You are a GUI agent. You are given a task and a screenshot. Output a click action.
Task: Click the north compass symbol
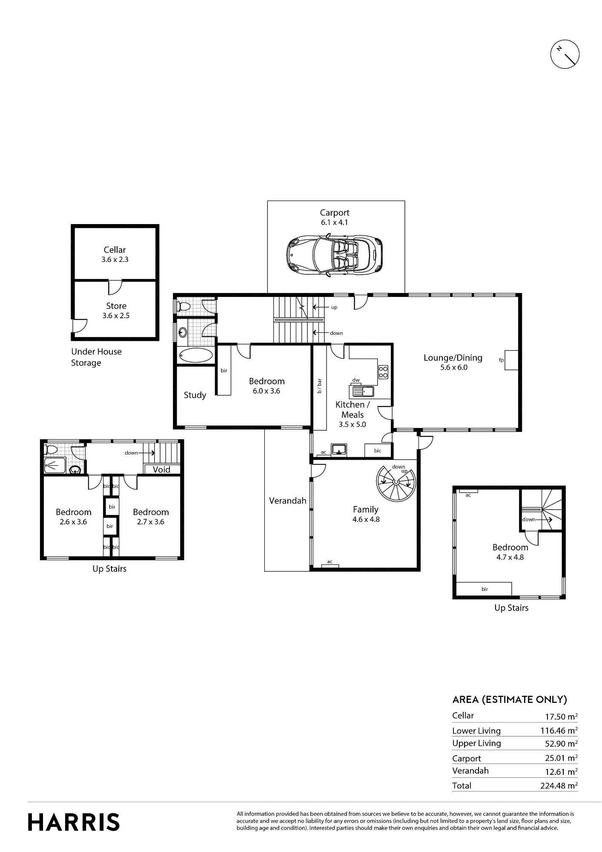click(565, 55)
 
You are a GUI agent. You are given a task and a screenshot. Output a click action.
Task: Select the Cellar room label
click(115, 250)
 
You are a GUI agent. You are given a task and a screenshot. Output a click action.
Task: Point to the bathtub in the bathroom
click(196, 356)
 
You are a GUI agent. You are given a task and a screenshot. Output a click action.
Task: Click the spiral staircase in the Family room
click(396, 482)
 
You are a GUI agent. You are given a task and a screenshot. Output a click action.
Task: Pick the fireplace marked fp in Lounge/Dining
click(511, 360)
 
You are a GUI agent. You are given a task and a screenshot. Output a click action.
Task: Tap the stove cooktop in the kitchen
click(383, 372)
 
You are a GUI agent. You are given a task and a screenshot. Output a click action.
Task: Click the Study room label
click(195, 395)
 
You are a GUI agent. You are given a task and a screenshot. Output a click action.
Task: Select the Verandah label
click(288, 501)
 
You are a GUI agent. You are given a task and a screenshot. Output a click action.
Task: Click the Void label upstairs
click(161, 469)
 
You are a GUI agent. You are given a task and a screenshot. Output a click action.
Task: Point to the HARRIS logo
click(74, 822)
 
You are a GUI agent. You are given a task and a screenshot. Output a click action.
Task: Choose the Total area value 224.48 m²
click(559, 786)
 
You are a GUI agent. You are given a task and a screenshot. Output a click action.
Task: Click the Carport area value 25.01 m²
click(561, 758)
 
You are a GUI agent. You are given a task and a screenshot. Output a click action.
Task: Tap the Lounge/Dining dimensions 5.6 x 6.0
click(454, 367)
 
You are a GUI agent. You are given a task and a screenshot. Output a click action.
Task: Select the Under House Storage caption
click(96, 357)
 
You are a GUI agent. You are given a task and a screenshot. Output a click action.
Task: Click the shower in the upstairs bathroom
click(55, 465)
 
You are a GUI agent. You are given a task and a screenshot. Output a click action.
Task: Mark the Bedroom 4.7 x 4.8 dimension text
click(510, 557)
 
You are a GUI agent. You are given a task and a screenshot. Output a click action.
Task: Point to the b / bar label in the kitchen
click(320, 386)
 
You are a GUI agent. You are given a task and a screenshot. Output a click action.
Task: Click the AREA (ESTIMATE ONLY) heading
click(510, 699)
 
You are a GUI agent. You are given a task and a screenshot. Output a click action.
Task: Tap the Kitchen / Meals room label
click(353, 409)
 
